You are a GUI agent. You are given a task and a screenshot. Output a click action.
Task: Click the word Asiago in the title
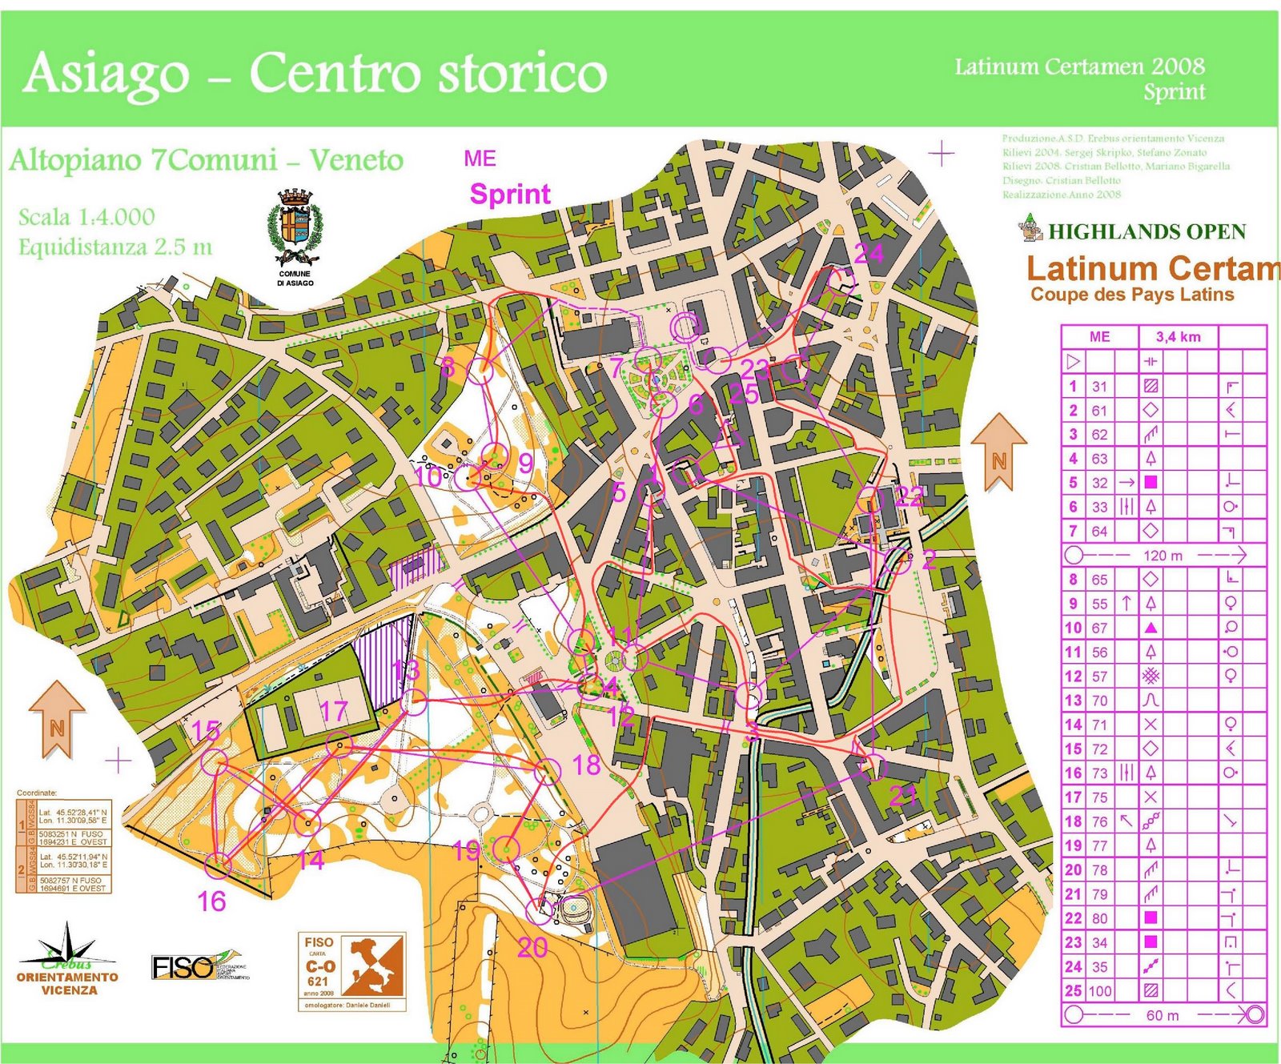coord(106,74)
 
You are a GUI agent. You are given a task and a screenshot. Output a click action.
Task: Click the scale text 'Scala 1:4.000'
coord(86,217)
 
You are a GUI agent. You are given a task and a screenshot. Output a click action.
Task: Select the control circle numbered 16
coord(217,865)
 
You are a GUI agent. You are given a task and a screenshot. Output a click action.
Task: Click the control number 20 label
coord(532,948)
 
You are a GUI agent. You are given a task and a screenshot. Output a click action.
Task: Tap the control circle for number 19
coord(507,849)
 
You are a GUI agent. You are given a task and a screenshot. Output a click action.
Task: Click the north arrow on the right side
coord(998,451)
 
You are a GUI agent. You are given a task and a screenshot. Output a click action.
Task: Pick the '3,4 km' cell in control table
coord(1178,337)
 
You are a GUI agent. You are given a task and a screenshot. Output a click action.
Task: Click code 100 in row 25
coord(1099,991)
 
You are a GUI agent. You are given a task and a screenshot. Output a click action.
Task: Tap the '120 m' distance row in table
coord(1163,556)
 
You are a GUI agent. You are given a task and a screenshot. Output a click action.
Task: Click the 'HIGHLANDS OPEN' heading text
coord(1146,232)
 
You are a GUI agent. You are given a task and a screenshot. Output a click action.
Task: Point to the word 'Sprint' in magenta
coord(510,195)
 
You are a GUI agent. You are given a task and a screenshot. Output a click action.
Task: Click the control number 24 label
coord(869,254)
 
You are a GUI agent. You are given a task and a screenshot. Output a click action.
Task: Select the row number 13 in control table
coord(1073,701)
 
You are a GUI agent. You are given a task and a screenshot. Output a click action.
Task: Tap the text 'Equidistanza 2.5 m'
coord(115,247)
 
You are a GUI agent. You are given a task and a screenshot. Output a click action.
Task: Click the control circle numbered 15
coord(212,761)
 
